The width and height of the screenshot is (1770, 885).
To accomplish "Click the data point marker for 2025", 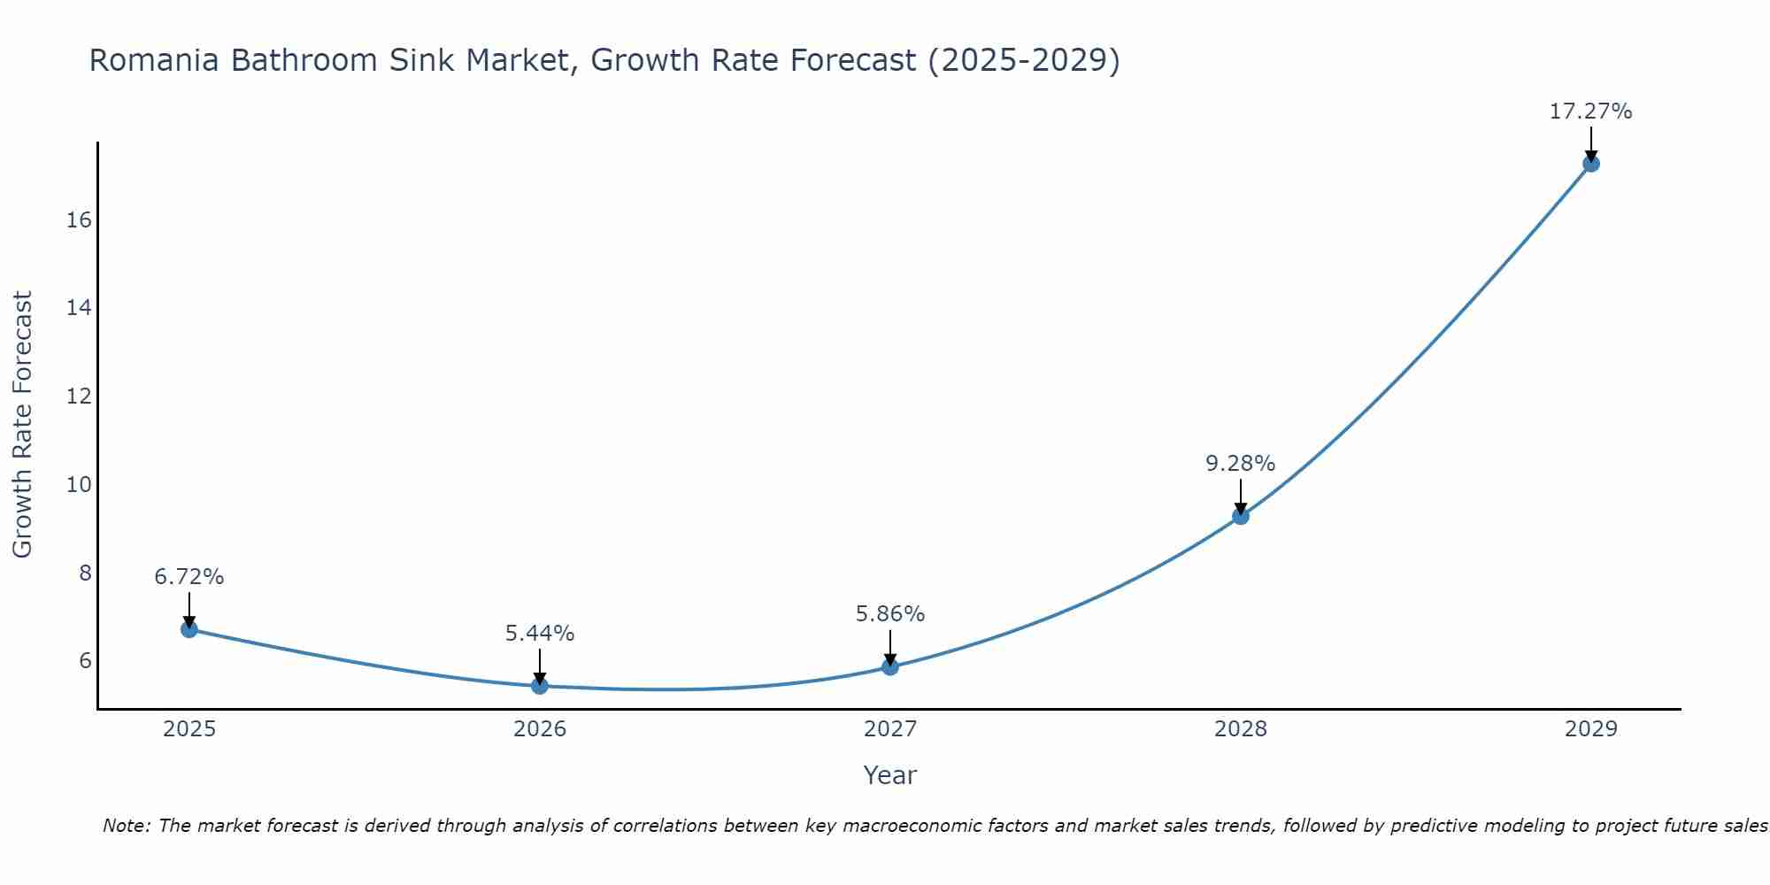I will pos(189,629).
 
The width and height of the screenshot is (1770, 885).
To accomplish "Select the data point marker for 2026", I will pos(540,686).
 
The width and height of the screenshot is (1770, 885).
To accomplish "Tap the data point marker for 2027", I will pos(890,667).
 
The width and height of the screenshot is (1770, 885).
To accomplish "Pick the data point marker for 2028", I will pos(1241,516).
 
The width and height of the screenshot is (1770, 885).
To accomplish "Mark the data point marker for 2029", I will pos(1591,164).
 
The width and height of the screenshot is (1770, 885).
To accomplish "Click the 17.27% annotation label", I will pos(1590,112).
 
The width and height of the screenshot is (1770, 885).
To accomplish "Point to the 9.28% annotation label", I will pos(1240,464).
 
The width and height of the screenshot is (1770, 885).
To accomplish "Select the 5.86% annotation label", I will pos(889,614).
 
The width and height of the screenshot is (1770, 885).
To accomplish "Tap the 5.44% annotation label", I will pos(540,634).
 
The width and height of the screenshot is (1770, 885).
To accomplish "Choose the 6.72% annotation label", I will pos(189,577).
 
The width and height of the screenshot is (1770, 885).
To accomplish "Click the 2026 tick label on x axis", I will pos(540,729).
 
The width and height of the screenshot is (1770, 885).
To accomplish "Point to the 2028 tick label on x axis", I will pos(1241,729).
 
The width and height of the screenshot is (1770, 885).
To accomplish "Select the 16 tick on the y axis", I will pos(80,220).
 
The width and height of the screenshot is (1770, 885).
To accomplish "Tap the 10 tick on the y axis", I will pos(80,485).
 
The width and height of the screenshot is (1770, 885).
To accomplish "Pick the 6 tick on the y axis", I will pos(85,661).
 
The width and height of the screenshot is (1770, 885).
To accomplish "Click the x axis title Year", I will pos(889,775).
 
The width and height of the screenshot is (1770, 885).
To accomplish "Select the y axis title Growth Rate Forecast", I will pos(23,425).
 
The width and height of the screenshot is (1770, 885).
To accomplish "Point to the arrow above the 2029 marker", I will pos(1591,144).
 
